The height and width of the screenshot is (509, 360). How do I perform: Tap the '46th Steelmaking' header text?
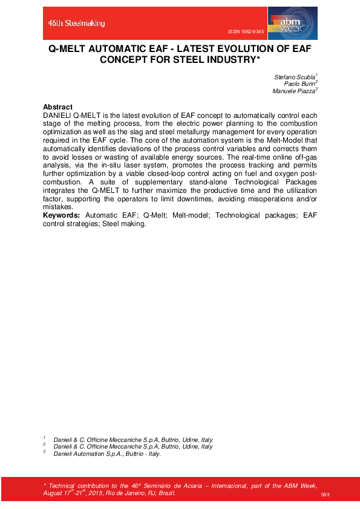[x=77, y=23]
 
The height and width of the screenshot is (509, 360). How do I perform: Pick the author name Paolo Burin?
[x=300, y=84]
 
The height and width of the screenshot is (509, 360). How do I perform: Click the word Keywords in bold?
[x=62, y=216]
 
